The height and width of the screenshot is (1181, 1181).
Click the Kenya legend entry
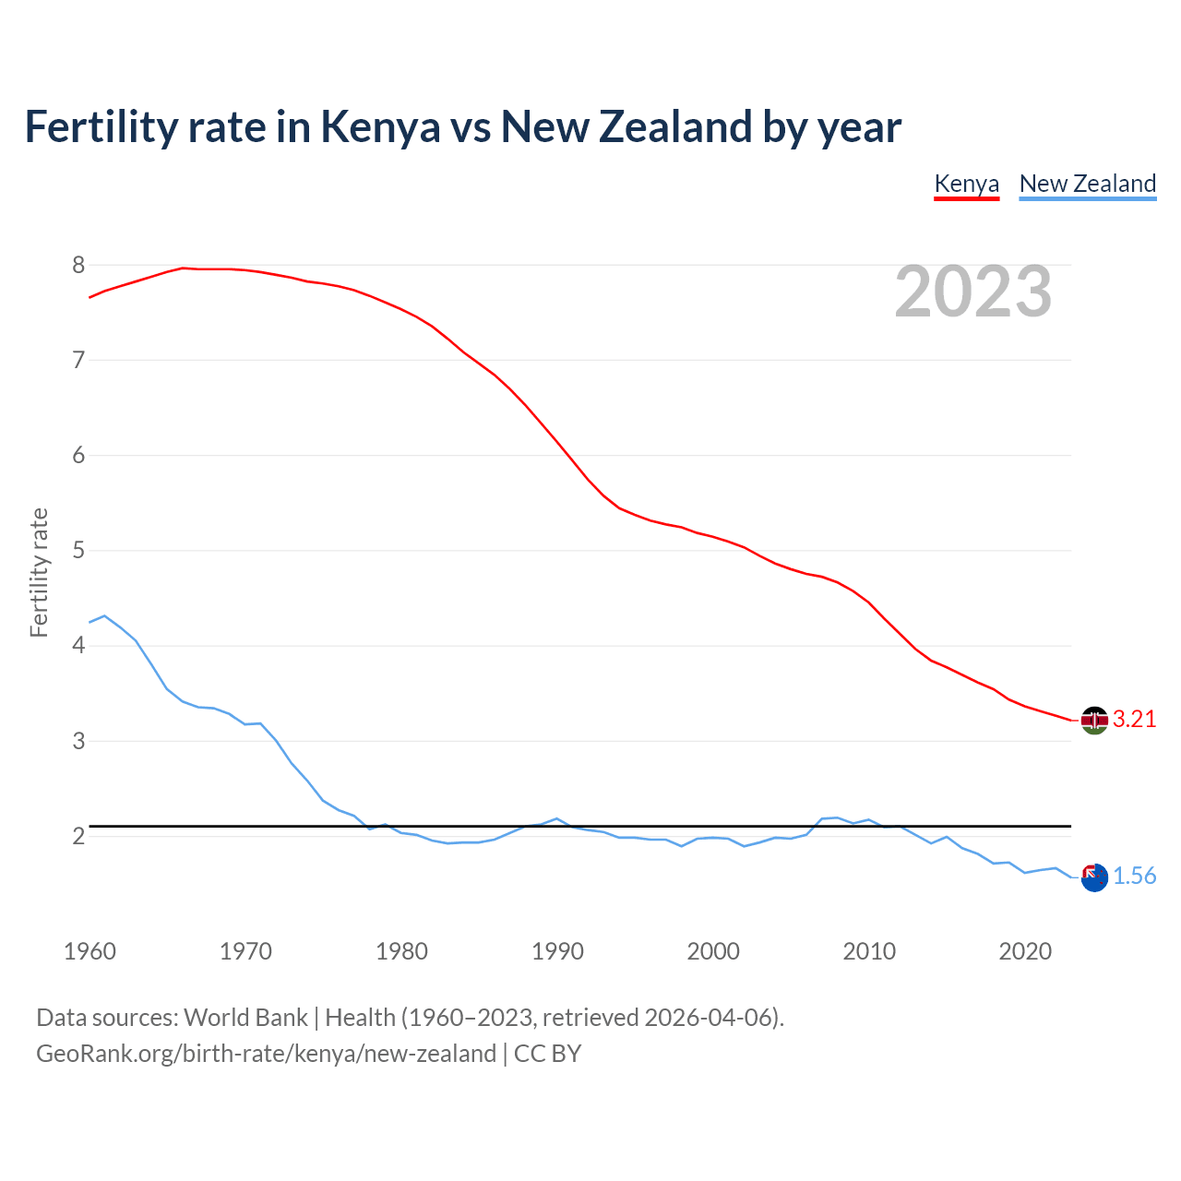[966, 184]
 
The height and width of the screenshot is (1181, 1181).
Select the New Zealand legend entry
[1087, 184]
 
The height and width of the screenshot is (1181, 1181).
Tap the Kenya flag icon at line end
[1094, 720]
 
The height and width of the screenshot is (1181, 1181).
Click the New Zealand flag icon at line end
[1094, 877]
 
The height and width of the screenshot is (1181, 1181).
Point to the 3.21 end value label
[1134, 720]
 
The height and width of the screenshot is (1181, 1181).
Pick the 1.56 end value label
[1134, 877]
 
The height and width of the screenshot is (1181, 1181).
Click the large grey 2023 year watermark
[972, 292]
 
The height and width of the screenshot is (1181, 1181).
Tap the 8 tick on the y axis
[78, 266]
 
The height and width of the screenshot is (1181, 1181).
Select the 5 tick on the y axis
[78, 551]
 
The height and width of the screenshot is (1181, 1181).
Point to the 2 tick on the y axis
[78, 837]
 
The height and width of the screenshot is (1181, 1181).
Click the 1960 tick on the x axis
[89, 951]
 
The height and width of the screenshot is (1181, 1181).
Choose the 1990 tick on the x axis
[557, 951]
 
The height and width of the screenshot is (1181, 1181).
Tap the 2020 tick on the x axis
[1025, 951]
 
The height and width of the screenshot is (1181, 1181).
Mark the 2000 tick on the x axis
[713, 951]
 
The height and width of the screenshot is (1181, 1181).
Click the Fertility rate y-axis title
[39, 572]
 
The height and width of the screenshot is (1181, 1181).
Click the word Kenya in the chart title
[380, 127]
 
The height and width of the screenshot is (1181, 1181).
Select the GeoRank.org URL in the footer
[266, 1054]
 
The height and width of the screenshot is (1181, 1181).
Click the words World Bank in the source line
[245, 1018]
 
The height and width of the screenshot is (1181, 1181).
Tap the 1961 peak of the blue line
[104, 615]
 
